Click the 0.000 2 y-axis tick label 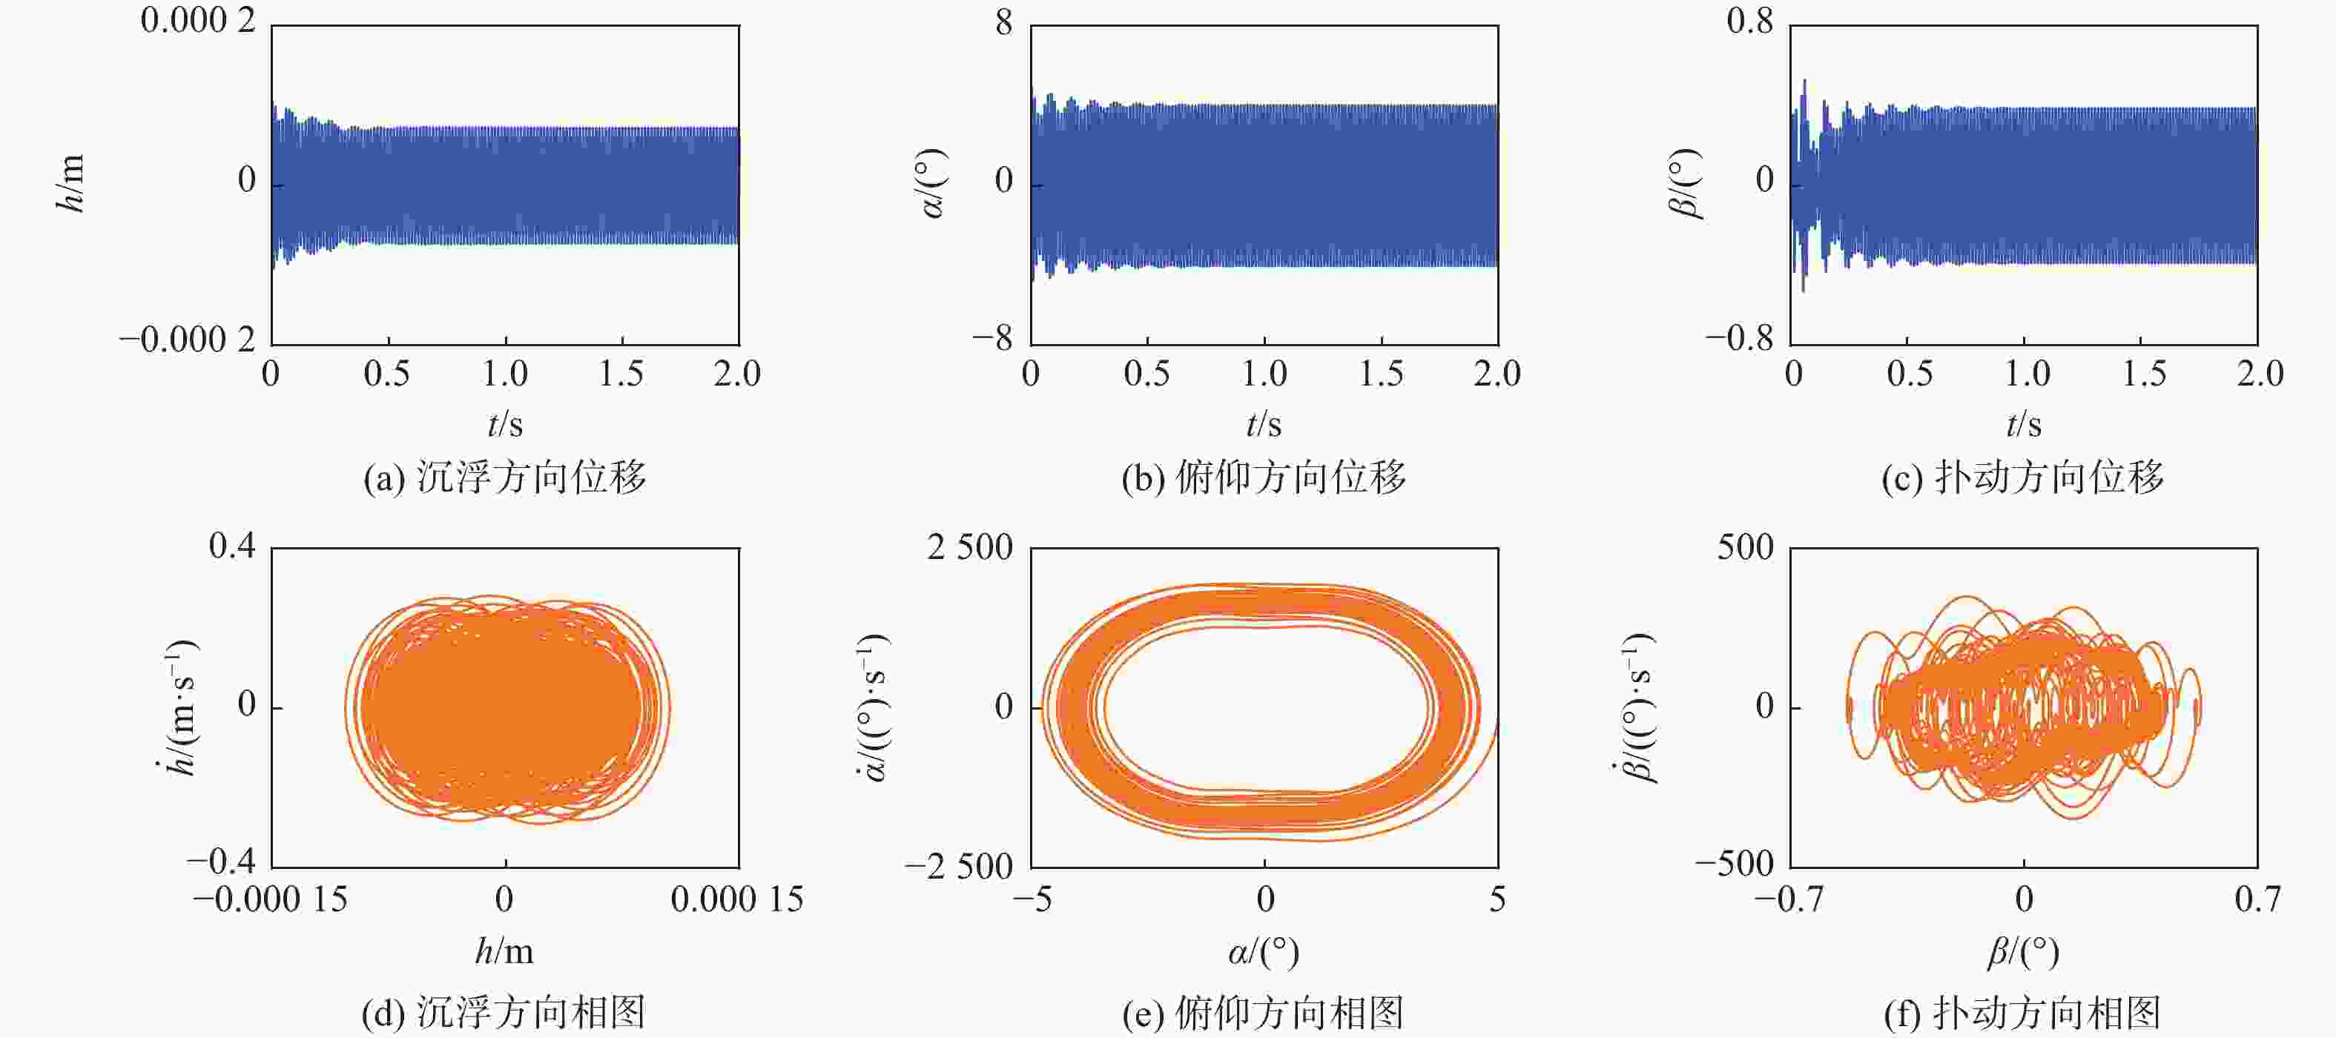(x=198, y=20)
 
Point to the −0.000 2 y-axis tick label (x=188, y=340)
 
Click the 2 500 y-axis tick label (x=969, y=548)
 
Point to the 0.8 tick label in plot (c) (x=1749, y=20)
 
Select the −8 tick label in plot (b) (x=992, y=340)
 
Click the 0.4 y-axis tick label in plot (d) (x=232, y=546)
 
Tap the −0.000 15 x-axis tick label (x=270, y=899)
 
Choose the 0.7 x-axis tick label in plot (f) (x=2257, y=899)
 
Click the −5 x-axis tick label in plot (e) (x=1032, y=899)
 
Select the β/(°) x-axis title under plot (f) (x=2023, y=952)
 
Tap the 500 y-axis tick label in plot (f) (x=1745, y=548)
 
